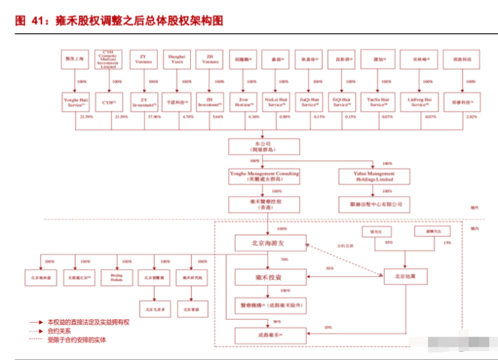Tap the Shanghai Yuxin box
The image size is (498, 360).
[176, 60]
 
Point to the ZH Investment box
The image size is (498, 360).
[209, 102]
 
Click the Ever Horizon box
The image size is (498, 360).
[243, 102]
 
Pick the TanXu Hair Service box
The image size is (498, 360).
[378, 102]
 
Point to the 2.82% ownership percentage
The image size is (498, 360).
[472, 117]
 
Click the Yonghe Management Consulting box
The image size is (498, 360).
[265, 176]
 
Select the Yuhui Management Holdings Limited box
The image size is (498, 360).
[374, 176]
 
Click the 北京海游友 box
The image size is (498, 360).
[269, 243]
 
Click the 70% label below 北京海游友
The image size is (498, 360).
[284, 260]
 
